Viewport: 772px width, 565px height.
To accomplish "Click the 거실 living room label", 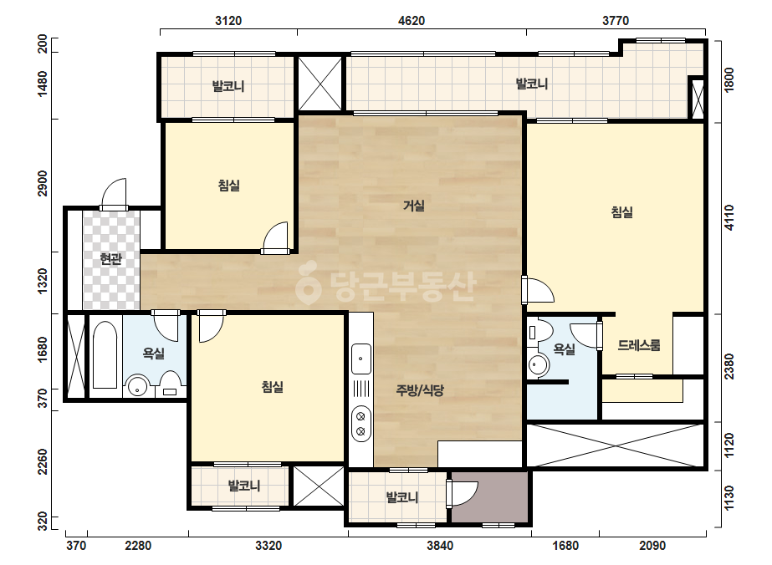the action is (413, 206).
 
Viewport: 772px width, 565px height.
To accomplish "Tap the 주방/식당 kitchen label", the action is (420, 390).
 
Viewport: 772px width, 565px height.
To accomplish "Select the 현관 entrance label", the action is (110, 259).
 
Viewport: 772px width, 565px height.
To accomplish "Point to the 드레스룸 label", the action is (638, 345).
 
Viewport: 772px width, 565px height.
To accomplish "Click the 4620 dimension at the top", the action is (412, 21).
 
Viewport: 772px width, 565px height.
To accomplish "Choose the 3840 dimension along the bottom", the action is (440, 545).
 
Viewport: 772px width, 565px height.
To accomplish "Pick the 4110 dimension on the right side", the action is (729, 217).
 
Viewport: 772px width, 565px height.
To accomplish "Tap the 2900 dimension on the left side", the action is (43, 183).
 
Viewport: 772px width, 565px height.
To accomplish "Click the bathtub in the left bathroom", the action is (105, 354).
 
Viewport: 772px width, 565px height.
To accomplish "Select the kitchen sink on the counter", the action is (360, 359).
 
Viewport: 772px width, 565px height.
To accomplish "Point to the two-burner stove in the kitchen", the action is (360, 424).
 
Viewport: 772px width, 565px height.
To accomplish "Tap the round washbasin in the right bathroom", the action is (538, 364).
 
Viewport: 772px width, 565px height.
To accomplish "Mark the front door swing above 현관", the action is (115, 194).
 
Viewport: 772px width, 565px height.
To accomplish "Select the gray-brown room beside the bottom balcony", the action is (489, 497).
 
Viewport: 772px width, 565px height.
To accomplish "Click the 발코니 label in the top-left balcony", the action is (228, 87).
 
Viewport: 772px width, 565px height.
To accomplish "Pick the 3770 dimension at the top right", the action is (616, 21).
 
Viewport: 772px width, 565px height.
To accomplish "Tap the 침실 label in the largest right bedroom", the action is (621, 212).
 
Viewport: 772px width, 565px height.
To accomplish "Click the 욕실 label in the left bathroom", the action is (154, 353).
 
